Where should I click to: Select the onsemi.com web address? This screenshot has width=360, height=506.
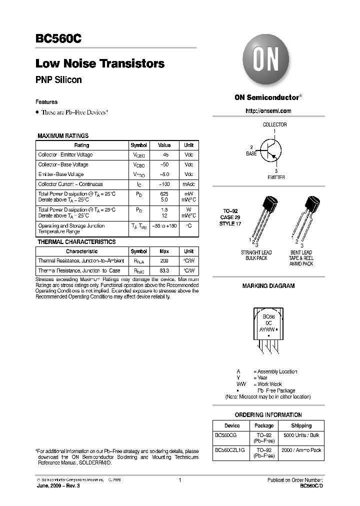pos(268,110)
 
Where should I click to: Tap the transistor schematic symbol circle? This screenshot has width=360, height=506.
pos(271,149)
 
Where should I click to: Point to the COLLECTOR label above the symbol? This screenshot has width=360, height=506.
pos(274,124)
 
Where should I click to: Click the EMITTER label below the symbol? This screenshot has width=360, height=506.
pos(276,177)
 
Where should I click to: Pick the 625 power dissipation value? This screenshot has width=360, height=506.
pos(164,194)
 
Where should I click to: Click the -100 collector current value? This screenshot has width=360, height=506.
pos(164,184)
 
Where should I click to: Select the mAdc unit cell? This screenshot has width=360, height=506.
pos(188,184)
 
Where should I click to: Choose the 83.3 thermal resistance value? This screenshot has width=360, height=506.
pos(164,270)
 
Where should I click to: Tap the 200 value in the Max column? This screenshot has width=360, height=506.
pos(164,261)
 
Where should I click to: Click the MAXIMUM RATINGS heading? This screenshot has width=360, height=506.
pos(63,135)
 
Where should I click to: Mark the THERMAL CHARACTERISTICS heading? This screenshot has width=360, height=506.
pos(76,242)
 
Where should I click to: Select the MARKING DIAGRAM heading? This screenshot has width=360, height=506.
pos(268,286)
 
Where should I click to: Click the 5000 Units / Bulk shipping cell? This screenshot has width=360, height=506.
pos(301,435)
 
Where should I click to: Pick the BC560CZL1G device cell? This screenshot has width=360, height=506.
pos(229,450)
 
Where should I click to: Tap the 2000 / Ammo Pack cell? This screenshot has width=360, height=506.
pos(301,450)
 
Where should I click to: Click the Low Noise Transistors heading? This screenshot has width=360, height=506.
pos(100,64)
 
